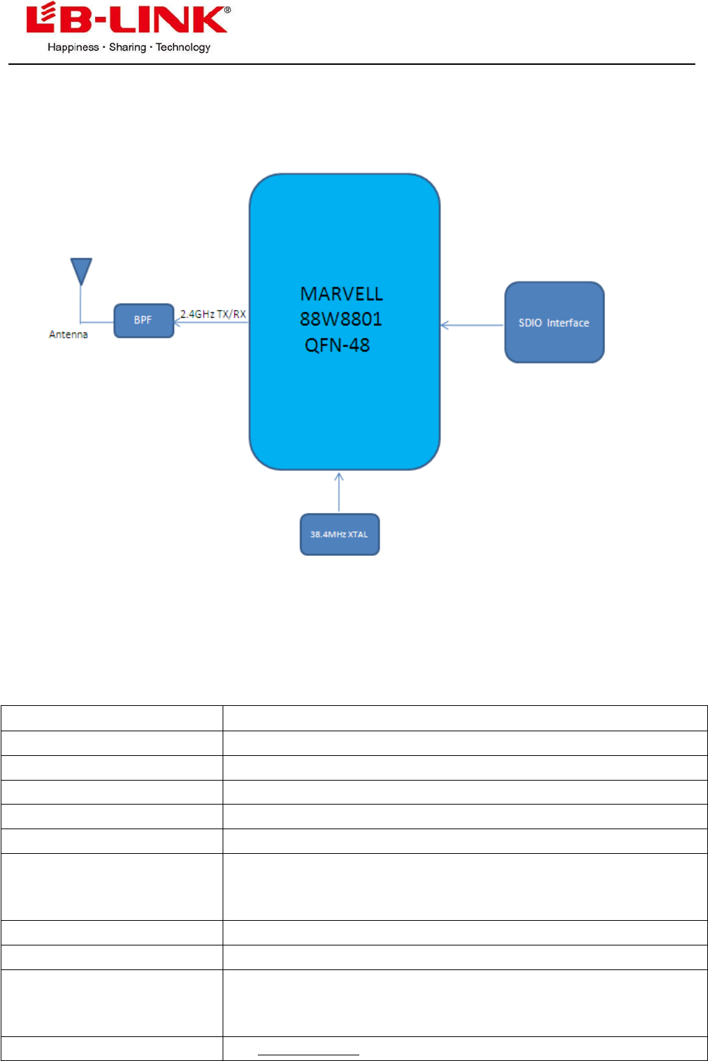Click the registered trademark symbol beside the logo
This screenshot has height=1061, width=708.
228,10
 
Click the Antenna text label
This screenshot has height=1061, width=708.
64,335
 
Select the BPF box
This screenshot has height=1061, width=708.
144,320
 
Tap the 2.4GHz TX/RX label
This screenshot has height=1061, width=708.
213,315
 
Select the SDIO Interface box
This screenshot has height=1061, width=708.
554,322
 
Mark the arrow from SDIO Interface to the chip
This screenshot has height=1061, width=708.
472,325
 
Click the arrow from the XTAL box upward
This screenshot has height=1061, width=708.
339,493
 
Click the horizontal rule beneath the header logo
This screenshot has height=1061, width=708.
352,65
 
